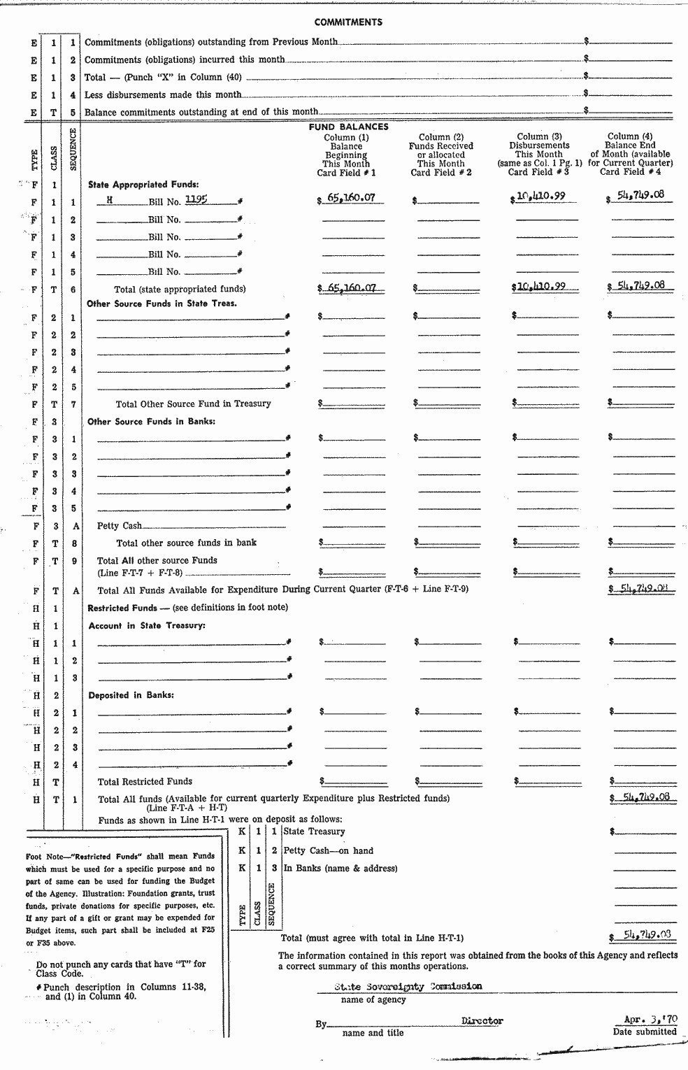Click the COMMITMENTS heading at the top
pyautogui.click(x=348, y=22)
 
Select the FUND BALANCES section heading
pyautogui.click(x=348, y=127)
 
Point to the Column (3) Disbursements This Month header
pyautogui.click(x=538, y=155)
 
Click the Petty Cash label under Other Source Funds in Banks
pyautogui.click(x=119, y=526)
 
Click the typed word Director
pyautogui.click(x=482, y=1021)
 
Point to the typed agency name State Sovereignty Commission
pyautogui.click(x=408, y=986)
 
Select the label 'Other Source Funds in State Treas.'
pyautogui.click(x=162, y=304)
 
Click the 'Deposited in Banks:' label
pyautogui.click(x=131, y=695)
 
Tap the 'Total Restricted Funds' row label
pyautogui.click(x=145, y=782)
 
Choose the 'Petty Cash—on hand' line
pyautogui.click(x=328, y=850)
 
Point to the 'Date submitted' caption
pyautogui.click(x=645, y=1032)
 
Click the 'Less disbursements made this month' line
pyautogui.click(x=163, y=94)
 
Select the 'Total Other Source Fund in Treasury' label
pyautogui.click(x=193, y=404)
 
